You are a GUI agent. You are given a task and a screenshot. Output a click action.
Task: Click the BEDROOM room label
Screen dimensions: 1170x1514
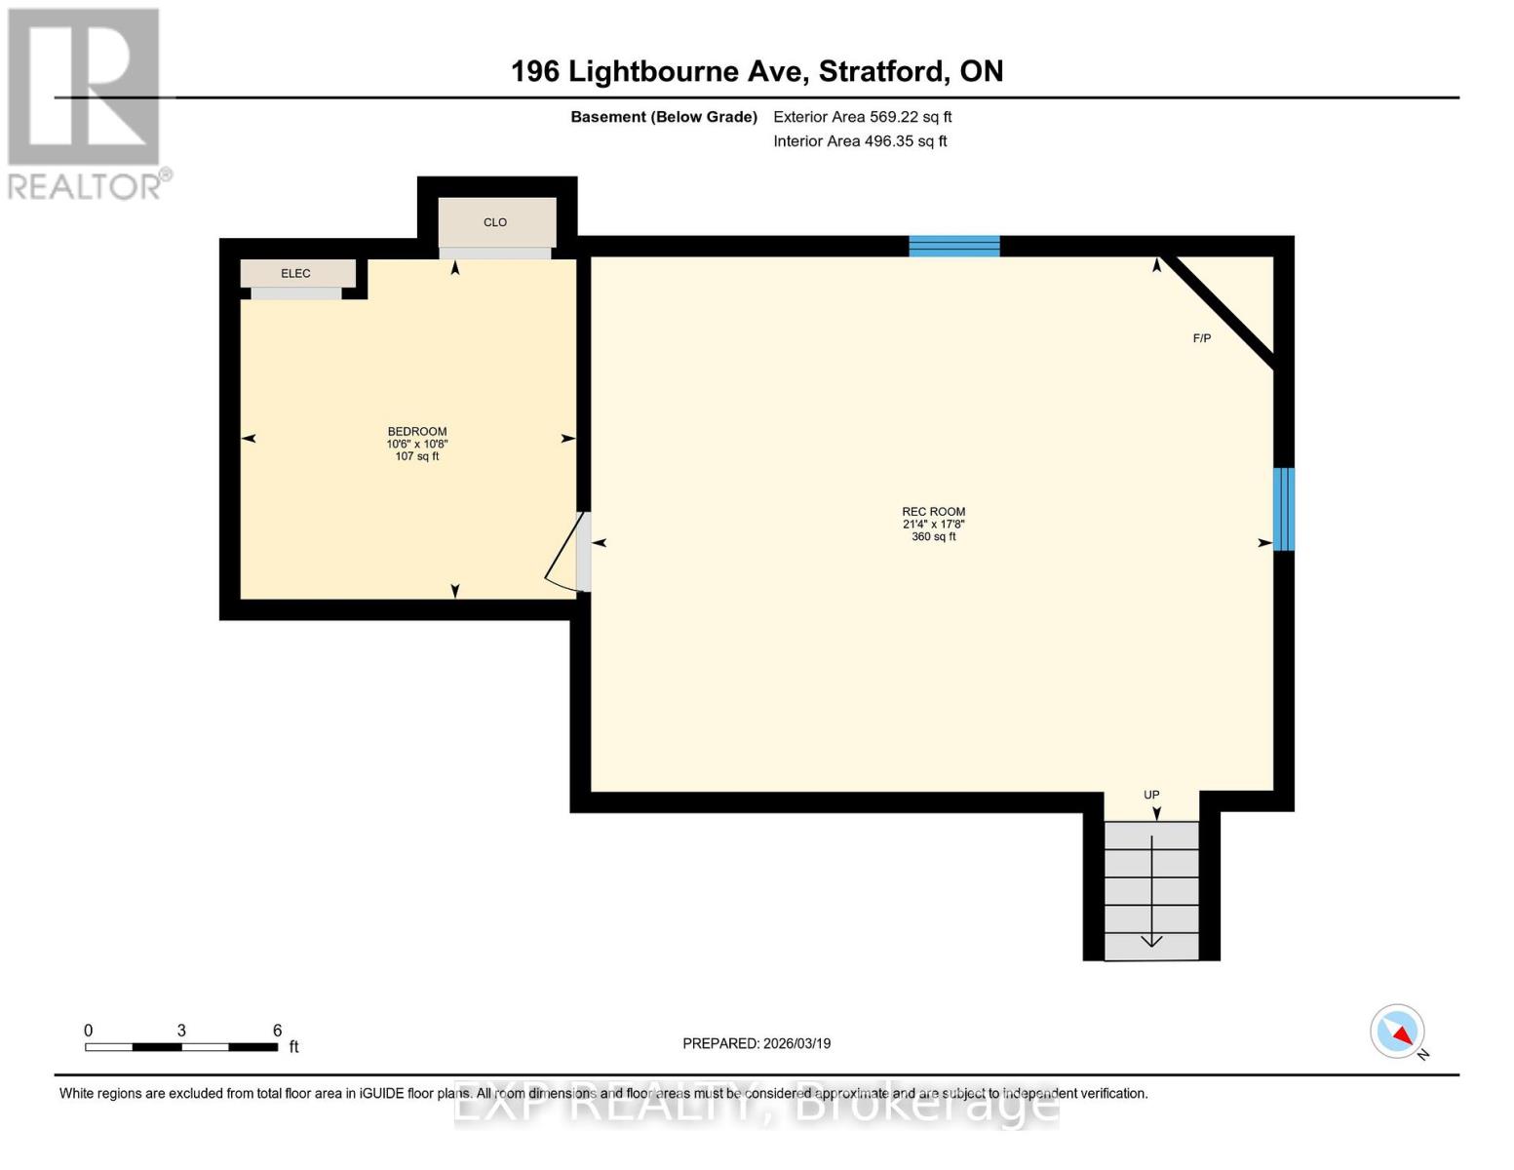(417, 431)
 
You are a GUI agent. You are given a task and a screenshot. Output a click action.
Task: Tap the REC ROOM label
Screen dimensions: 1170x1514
(933, 511)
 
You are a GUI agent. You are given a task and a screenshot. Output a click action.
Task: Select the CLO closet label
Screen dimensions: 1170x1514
(495, 222)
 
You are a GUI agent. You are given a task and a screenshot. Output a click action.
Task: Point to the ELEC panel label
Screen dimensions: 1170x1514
(295, 273)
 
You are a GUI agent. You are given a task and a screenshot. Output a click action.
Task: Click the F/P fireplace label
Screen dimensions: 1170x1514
(1202, 338)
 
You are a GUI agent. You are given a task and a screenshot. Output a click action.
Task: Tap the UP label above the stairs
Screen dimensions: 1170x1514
(1151, 795)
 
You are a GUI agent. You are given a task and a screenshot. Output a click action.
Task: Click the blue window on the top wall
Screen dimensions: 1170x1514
(953, 246)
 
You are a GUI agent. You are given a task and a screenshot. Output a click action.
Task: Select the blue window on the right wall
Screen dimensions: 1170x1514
(1284, 509)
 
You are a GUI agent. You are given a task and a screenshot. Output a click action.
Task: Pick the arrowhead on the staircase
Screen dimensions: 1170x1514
(1151, 941)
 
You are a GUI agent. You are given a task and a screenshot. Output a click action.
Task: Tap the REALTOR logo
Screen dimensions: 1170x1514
(85, 102)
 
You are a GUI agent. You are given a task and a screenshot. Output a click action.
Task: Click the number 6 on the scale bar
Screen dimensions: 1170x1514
(277, 1031)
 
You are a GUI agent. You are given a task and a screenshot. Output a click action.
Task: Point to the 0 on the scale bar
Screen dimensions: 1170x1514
(89, 1031)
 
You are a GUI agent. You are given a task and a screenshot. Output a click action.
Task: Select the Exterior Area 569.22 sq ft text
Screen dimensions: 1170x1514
(862, 117)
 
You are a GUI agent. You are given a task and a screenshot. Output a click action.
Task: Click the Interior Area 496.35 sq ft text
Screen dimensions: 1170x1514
(860, 141)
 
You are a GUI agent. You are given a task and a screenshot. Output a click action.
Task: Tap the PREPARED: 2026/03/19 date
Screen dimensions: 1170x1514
(757, 1043)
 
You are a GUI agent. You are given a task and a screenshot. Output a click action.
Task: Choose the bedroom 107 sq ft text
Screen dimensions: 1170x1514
(417, 456)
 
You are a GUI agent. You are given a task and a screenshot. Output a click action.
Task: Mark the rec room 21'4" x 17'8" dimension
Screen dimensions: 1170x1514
(933, 524)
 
